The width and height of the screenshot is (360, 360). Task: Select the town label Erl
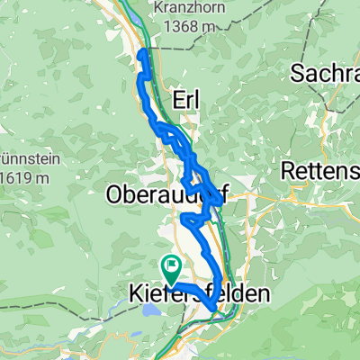(x=184, y=97)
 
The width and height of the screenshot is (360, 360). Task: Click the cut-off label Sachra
(x=325, y=74)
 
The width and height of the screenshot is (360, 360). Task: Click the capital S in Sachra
(x=297, y=74)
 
